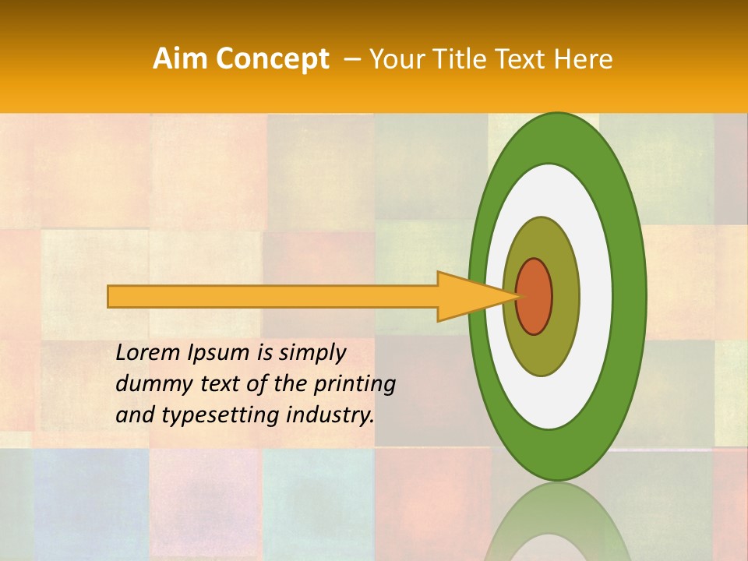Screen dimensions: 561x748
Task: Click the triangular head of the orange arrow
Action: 467,297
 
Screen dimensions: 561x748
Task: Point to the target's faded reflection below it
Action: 557,526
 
